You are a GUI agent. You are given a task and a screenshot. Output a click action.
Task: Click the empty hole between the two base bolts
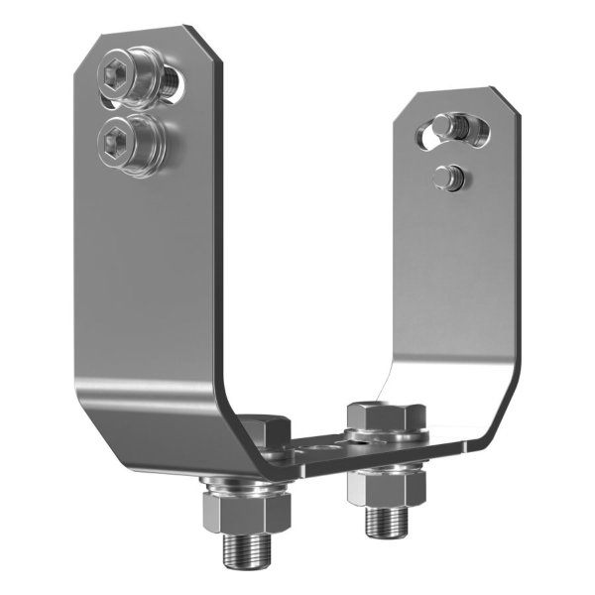319,448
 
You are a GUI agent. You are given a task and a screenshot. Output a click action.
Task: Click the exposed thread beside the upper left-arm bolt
176,81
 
